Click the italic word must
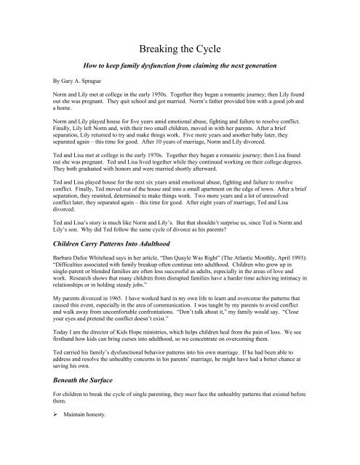[x=236, y=418]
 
